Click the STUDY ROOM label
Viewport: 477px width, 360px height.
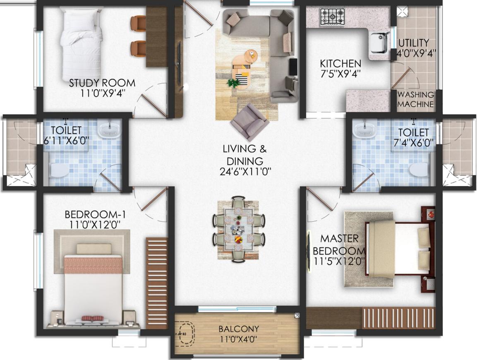(x=102, y=83)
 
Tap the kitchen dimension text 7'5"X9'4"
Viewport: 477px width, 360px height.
(x=341, y=74)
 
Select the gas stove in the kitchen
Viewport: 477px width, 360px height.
(x=332, y=17)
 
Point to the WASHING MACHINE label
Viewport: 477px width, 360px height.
(x=416, y=99)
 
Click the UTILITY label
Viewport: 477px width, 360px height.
(x=414, y=42)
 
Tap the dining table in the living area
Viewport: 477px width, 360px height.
(x=238, y=230)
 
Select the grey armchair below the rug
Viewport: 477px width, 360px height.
(x=250, y=122)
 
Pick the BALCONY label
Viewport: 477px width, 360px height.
(x=239, y=329)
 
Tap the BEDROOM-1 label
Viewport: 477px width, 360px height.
(x=95, y=214)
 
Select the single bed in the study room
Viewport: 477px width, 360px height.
(x=81, y=44)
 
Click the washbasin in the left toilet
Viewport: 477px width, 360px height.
(x=109, y=130)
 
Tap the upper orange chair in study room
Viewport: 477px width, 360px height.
(x=139, y=24)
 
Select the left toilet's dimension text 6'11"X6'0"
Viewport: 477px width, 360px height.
(x=66, y=141)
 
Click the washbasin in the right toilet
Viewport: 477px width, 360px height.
(x=364, y=130)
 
